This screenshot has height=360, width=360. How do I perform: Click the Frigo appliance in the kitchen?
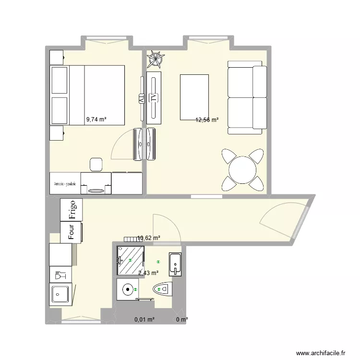(72, 210)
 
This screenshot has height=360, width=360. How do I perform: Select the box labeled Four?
(71, 232)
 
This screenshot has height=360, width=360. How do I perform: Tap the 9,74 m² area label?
(96, 120)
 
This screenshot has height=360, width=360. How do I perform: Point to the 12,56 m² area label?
(207, 120)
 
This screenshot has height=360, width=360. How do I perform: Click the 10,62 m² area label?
(149, 237)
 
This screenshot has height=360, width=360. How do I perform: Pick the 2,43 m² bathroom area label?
(148, 273)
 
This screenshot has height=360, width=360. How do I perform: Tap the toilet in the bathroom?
(161, 289)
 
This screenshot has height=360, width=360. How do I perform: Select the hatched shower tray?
(130, 261)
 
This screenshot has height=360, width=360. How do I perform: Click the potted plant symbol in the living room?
(155, 60)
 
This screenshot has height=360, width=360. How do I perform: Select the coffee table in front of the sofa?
(194, 97)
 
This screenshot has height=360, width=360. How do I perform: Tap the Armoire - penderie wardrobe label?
(65, 183)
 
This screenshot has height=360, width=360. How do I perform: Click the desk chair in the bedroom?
(96, 164)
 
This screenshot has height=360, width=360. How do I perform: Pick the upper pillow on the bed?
(60, 80)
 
